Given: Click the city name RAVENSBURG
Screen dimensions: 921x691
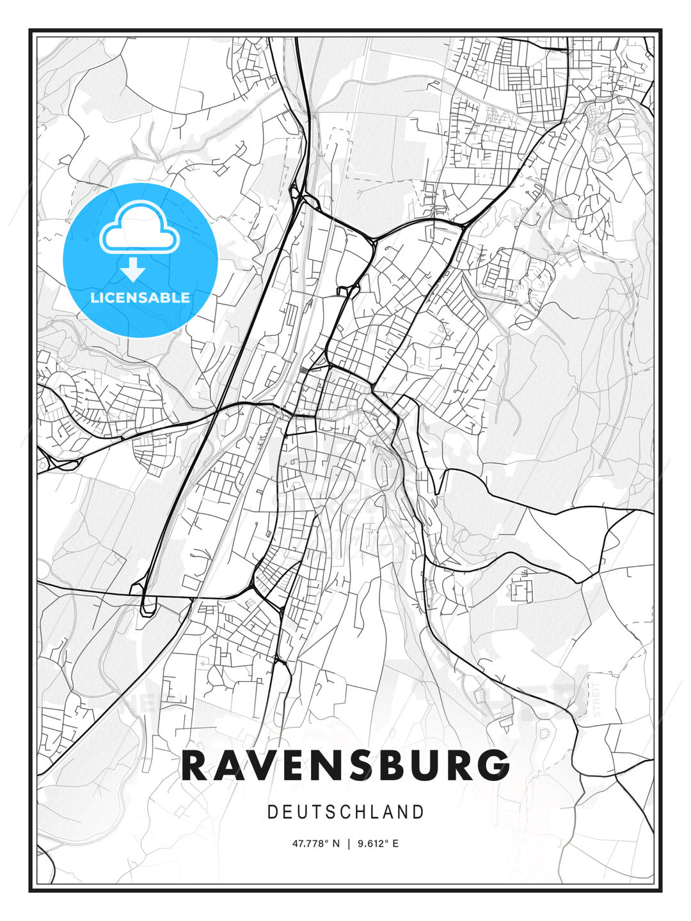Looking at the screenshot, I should [345, 765].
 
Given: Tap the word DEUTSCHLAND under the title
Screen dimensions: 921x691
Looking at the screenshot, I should [345, 812].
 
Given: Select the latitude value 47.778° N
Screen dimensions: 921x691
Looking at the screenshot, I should [316, 844].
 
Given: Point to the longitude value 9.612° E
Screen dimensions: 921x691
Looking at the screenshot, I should [378, 844].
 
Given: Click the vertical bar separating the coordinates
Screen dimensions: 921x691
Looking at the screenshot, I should [349, 844].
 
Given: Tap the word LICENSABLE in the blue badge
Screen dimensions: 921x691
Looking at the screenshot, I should [140, 297].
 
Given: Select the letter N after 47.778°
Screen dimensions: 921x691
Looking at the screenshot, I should [337, 844].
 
